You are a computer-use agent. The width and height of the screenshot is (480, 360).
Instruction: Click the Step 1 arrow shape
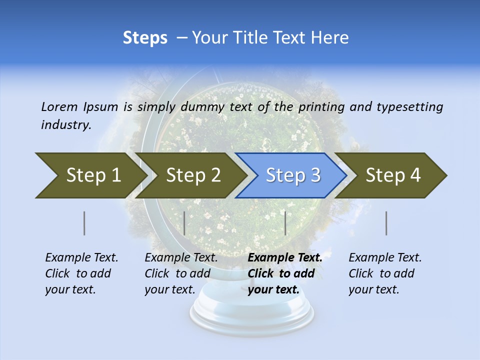[90, 175]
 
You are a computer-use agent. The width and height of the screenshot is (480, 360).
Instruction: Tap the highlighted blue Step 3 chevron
[292, 175]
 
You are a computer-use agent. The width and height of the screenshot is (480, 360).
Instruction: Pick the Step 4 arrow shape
[392, 175]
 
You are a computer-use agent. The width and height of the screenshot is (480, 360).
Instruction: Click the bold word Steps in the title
[145, 38]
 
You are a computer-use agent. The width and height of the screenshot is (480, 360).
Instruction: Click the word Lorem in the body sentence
[59, 106]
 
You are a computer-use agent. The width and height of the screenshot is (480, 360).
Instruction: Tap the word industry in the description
[65, 125]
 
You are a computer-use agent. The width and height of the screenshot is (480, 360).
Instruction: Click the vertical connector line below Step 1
[84, 223]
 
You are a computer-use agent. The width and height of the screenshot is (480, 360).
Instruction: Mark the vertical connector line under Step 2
[184, 223]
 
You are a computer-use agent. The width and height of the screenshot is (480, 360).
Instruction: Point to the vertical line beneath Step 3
[285, 223]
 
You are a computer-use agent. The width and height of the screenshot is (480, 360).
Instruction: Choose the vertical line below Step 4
[386, 223]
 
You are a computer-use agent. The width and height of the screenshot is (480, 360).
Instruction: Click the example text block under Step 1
[81, 273]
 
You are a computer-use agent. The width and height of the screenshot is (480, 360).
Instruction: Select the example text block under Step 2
[181, 273]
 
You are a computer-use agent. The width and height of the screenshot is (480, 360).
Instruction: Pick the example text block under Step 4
[385, 273]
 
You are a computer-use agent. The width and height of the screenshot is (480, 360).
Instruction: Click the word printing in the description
[321, 107]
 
